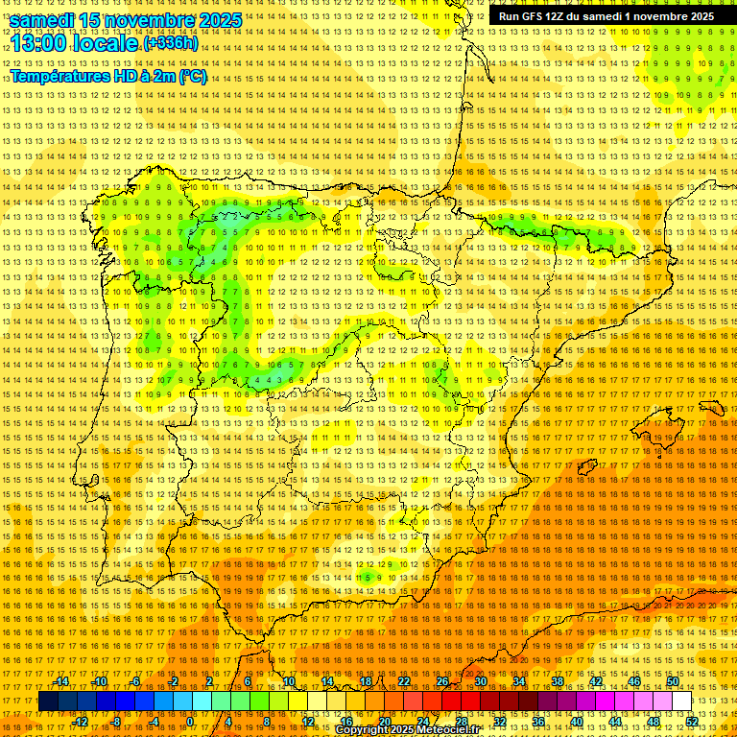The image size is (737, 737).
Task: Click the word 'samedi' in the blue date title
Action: [42, 19]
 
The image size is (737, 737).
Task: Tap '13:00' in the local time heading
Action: [37, 43]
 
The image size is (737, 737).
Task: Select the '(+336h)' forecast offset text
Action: [171, 43]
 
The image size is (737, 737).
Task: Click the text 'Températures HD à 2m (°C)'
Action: [107, 76]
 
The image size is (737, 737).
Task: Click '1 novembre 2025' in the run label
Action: [666, 16]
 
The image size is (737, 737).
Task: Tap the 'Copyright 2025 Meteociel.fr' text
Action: [407, 730]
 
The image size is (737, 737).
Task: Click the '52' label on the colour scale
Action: [692, 722]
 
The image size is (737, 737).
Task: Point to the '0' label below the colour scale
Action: [190, 722]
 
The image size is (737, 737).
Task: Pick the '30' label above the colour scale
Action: [480, 681]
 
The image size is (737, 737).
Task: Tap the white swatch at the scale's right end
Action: [682, 701]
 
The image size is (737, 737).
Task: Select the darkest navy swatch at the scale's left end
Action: [48, 701]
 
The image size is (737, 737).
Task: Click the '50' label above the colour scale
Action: [673, 681]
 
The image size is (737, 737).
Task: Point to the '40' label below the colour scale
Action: [577, 722]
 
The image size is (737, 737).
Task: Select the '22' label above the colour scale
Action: [403, 681]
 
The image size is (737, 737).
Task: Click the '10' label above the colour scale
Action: [288, 681]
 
